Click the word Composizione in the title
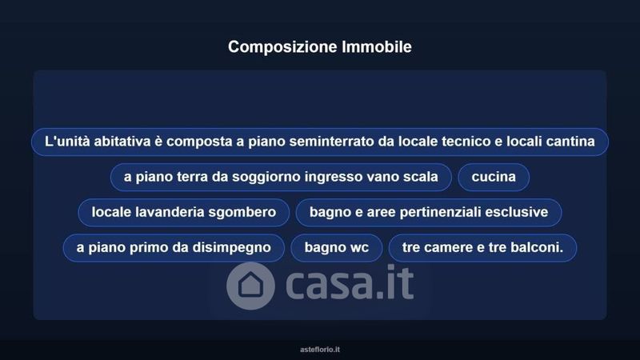283,47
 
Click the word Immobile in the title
377,46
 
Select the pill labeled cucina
494,177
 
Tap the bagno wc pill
336,248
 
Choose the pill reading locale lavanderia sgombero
184,212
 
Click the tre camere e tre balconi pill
482,248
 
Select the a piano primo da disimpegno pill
174,248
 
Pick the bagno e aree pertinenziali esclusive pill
429,212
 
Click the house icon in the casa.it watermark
250,286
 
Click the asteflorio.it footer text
320,350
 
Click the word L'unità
67,142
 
